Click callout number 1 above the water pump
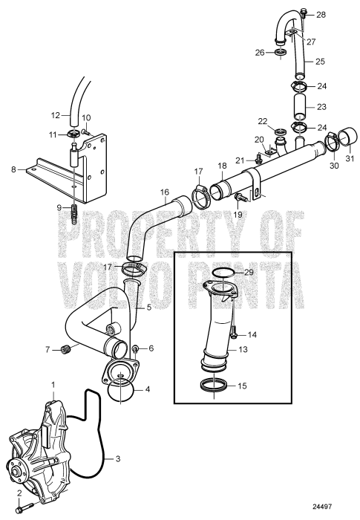pos(53,385)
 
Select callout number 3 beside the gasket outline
pos(117,459)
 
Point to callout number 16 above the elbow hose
pos(164,191)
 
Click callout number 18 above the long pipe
pos(222,166)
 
